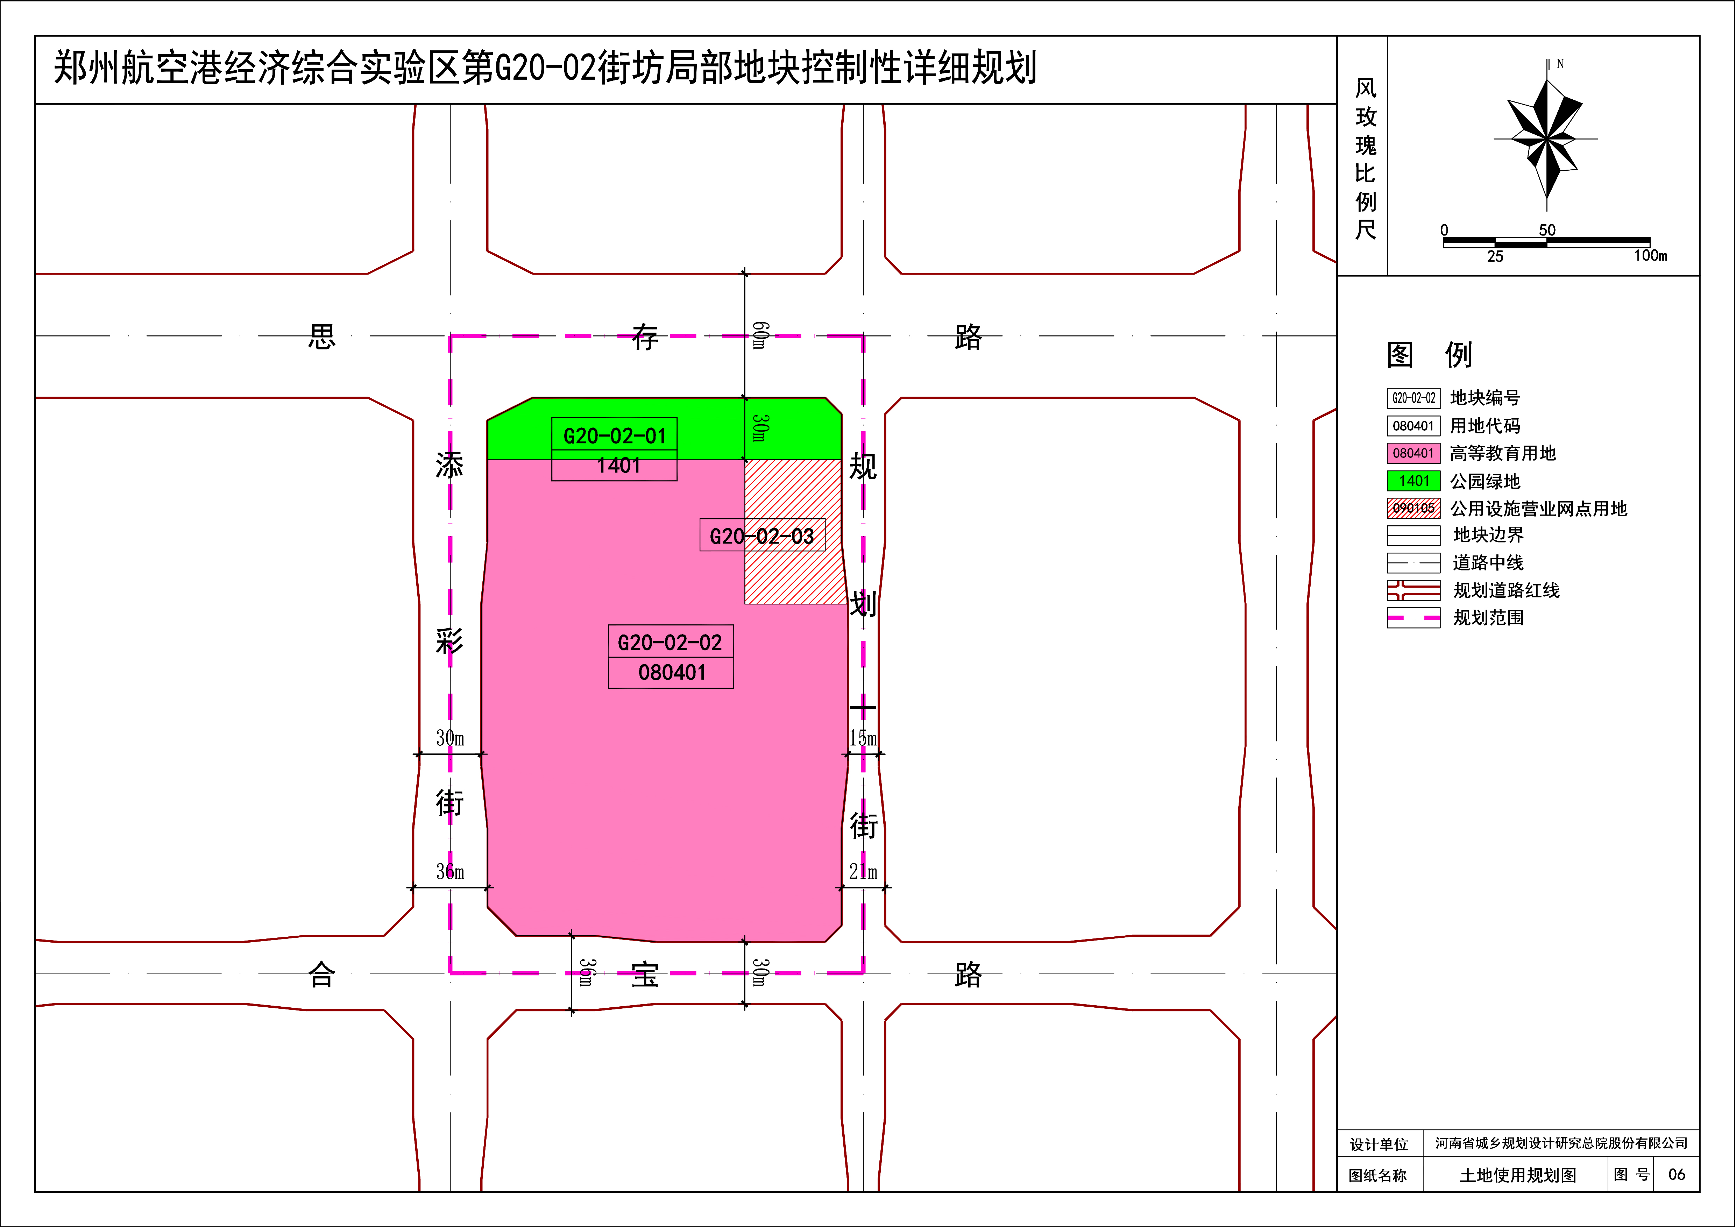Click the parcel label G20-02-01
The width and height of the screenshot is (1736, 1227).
point(615,436)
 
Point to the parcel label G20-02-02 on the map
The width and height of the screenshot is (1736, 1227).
point(670,643)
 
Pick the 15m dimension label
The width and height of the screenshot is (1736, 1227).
point(863,738)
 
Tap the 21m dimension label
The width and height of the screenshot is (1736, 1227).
point(863,872)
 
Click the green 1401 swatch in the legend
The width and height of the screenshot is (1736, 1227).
point(1413,481)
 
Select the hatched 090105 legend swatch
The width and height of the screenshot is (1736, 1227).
point(1413,508)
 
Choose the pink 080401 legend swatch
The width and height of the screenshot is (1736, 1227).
point(1413,453)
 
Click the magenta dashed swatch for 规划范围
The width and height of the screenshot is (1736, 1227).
point(1413,618)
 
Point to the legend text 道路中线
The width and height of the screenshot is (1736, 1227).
point(1488,562)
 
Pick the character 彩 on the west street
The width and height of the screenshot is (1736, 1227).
point(449,641)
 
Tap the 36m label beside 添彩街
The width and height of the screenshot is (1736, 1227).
point(450,872)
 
